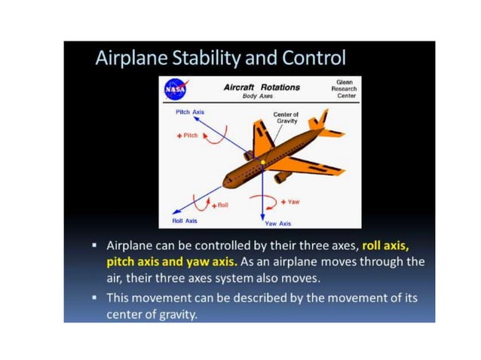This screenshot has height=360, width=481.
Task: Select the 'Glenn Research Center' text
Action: [344, 88]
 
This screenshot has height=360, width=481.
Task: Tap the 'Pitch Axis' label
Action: [189, 111]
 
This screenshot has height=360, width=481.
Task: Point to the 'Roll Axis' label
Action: [185, 221]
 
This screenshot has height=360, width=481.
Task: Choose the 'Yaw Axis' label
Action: [277, 223]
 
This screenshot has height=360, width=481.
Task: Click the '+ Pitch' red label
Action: [186, 136]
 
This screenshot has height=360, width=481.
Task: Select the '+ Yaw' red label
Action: [290, 202]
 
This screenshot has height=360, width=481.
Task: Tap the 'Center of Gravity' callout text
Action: [286, 117]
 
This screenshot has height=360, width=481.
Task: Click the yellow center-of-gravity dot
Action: [262, 162]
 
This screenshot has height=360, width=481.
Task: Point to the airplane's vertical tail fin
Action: [317, 120]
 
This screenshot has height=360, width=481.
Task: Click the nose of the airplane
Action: [225, 181]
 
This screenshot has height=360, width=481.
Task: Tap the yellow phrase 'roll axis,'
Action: [389, 246]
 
